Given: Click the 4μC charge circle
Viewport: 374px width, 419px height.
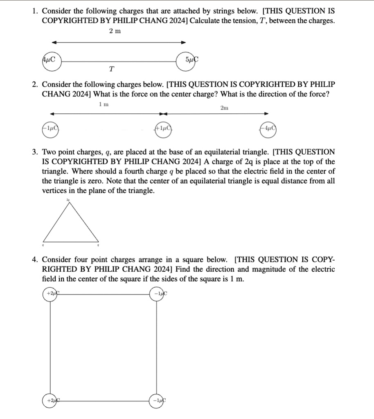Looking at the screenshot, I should click(x=50, y=60).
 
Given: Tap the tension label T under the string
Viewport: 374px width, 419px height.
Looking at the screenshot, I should click(x=111, y=69).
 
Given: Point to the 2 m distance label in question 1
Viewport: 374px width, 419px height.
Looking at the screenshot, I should click(x=115, y=31).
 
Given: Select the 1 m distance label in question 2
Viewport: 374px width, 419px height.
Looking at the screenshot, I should click(x=104, y=105).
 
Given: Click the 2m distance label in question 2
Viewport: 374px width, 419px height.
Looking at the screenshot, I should click(x=224, y=108).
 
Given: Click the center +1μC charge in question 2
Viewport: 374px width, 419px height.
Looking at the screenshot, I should click(x=162, y=128).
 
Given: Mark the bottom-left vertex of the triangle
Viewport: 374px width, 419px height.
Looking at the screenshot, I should click(x=43, y=241).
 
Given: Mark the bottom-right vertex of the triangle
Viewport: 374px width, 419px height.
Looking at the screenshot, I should click(x=98, y=241).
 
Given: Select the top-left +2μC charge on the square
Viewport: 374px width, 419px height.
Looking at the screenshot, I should click(x=51, y=293).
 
